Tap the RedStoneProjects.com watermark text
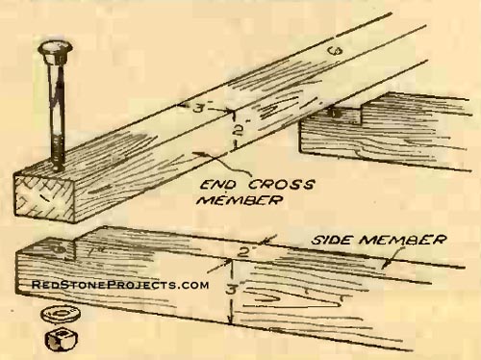click(120, 286)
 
